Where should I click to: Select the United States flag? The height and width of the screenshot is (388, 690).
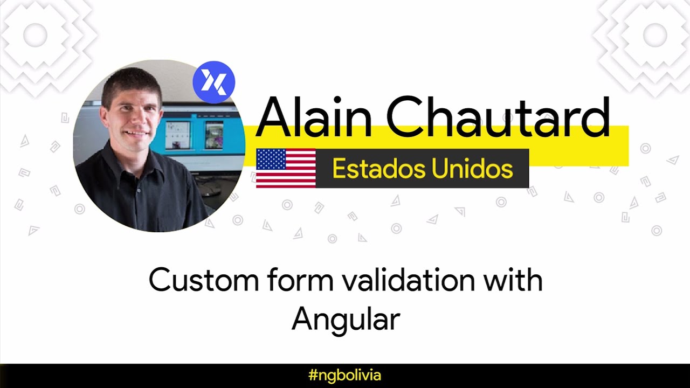[286, 168]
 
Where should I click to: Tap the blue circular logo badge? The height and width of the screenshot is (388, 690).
[213, 82]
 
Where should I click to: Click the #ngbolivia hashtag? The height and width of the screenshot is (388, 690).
[345, 375]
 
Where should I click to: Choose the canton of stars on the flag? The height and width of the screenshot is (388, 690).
[270, 159]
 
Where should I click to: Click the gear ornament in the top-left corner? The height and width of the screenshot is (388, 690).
[36, 36]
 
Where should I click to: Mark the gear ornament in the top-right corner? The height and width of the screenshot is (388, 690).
[654, 36]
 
